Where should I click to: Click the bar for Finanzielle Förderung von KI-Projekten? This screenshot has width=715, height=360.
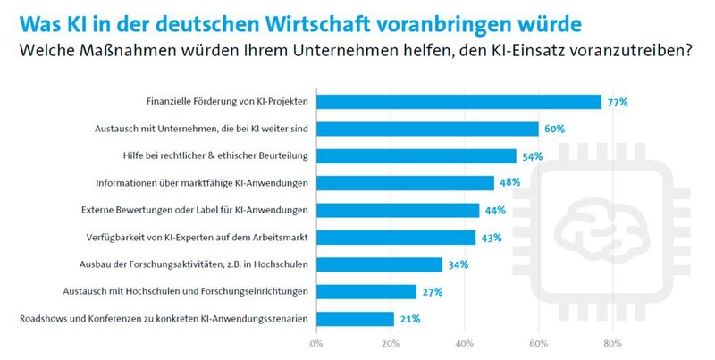458,102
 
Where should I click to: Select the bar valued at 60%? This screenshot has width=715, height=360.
426,130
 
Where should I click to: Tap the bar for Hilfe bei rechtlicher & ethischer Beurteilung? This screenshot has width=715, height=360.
416,156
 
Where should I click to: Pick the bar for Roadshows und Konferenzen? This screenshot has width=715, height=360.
354,319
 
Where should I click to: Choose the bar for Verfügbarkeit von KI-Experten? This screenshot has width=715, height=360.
395,238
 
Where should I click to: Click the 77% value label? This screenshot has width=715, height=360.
618,103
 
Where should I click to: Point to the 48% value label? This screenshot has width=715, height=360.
509,184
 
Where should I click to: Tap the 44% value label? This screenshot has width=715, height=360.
495,211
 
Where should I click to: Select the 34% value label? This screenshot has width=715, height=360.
458,264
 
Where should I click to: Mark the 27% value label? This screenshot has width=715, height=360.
432,292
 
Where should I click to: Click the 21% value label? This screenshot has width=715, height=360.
409,319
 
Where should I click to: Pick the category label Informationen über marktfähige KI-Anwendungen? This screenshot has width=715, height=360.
202,183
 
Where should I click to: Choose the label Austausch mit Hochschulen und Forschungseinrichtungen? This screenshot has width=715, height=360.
186,291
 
